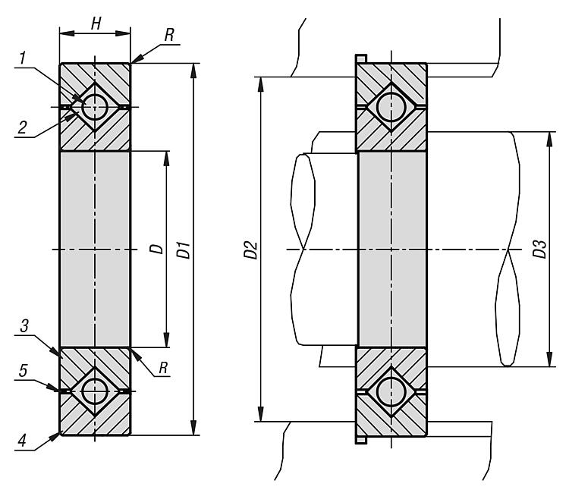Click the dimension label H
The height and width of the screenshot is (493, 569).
(x=95, y=24)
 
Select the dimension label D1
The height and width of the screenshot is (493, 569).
(x=183, y=250)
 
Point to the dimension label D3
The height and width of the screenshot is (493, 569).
(x=539, y=250)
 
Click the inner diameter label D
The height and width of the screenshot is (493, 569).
(x=156, y=250)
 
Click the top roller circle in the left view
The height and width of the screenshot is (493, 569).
(x=95, y=107)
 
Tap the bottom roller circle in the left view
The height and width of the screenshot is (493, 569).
(x=95, y=391)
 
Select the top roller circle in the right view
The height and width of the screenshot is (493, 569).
(x=392, y=107)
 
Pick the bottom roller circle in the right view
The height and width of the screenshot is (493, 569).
(x=392, y=391)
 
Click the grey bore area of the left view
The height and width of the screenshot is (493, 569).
(x=95, y=250)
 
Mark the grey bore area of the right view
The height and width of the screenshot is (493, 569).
(x=392, y=250)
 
